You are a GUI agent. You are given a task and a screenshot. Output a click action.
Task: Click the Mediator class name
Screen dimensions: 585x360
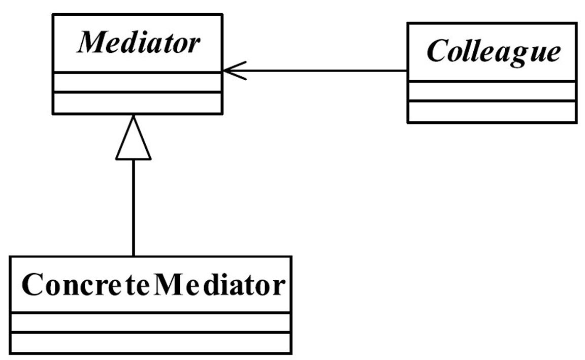coord(139,43)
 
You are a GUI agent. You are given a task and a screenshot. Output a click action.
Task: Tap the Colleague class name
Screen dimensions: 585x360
coord(494,51)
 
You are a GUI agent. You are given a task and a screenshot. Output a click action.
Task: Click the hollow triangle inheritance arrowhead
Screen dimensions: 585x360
coord(134,138)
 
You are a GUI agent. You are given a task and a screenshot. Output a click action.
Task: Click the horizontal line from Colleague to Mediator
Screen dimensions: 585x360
coord(315,71)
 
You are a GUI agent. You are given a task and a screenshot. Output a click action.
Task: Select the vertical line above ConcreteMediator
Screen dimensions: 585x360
coord(134,208)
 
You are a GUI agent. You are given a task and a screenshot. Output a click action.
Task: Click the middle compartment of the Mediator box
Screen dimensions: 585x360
coord(138,82)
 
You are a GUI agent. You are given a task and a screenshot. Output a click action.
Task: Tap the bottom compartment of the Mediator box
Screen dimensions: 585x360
coord(138,103)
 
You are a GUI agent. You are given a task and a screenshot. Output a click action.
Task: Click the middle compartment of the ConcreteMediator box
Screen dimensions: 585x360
coord(150,322)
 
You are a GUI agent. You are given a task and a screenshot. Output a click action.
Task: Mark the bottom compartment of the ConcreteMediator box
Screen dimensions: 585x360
coord(150,343)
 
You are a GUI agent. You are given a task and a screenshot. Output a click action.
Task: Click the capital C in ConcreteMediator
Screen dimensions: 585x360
coord(32,285)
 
